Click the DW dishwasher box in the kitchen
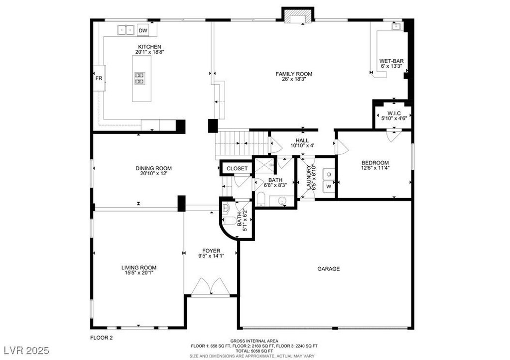point(143,30)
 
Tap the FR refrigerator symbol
point(99,78)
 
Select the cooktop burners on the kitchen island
point(140,79)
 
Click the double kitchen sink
point(126,30)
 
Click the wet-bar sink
point(396,26)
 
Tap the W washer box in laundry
point(329,187)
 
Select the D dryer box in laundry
point(329,175)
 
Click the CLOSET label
point(237,168)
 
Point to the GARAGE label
point(329,268)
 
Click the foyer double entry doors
point(211,286)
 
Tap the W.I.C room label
point(394,113)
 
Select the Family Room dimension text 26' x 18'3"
point(294,79)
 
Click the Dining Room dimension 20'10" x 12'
point(153,173)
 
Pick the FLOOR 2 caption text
point(101,338)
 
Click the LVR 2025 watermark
point(27,350)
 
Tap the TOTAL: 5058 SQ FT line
point(255,351)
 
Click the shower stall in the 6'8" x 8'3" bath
point(264,165)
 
